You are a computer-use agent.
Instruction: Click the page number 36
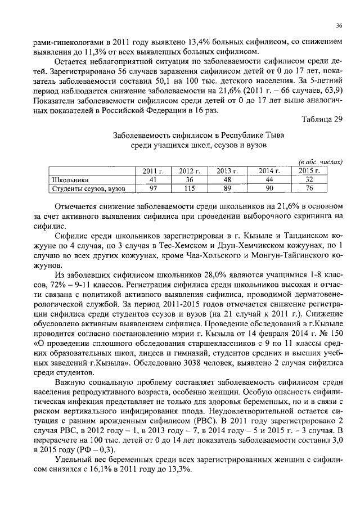point(339,25)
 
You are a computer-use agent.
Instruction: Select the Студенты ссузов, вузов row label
point(87,188)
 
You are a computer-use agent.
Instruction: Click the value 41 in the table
point(152,179)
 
